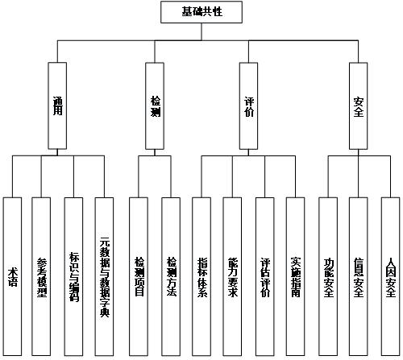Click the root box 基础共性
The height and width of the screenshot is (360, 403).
pos(201,12)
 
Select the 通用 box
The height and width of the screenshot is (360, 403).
pos(57,106)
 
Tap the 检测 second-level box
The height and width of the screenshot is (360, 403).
pos(155,106)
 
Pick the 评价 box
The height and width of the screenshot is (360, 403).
pos(248,106)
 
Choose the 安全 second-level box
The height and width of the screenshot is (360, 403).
pos(359,106)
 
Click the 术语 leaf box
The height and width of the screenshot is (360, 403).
pos(12,277)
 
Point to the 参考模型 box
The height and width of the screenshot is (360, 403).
pos(41,277)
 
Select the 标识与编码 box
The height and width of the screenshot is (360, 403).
pos(73,277)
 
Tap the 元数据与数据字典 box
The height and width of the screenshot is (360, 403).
pos(104,277)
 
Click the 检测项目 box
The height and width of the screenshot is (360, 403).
pos(139,277)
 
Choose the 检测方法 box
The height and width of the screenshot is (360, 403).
pos(171,277)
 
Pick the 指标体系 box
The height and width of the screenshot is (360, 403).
pos(201,277)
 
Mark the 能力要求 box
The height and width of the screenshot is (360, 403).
pos(232,277)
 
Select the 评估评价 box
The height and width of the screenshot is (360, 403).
pos(265,277)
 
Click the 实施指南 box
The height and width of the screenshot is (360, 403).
pos(296,277)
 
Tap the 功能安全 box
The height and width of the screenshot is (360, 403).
pos(328,277)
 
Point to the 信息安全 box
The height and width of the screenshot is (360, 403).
pos(359,277)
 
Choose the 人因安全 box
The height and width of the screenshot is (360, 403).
pos(391,277)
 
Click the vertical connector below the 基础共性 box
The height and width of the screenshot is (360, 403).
pos(201,32)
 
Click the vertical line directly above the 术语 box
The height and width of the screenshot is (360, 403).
pos(12,176)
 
